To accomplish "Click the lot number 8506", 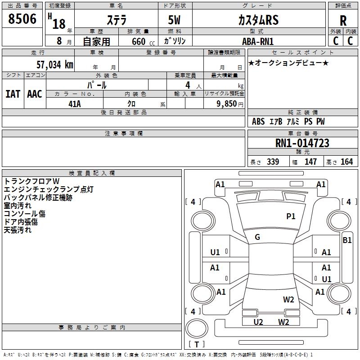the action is (22, 19).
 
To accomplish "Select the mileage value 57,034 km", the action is (55, 65).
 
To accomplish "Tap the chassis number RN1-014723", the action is (302, 143).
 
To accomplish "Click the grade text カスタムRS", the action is (258, 20).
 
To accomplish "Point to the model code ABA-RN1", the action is (258, 41).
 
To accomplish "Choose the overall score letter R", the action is (343, 21).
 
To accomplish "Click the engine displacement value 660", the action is (139, 41).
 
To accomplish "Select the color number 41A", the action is (75, 104).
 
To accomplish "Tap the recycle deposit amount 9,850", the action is (227, 103).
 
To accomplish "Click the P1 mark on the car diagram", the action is (291, 216).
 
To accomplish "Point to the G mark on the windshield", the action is (257, 237).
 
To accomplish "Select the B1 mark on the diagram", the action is (347, 240).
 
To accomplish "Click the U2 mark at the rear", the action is (258, 322).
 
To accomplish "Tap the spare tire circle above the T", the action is (197, 328).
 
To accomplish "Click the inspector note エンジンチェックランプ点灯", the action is (49, 189).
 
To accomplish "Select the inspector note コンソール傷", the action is (25, 213).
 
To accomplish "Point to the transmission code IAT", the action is (13, 94).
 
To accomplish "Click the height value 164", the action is (346, 162).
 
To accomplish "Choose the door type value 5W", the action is (174, 20).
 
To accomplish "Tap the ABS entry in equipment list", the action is (258, 121).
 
